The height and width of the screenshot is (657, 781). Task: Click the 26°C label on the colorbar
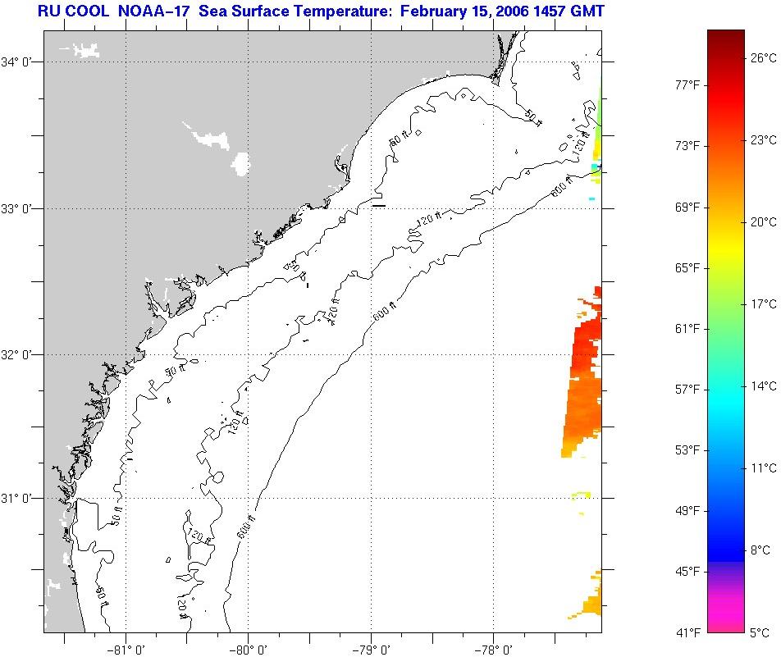point(762,57)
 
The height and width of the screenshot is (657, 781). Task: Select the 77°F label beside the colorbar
point(687,85)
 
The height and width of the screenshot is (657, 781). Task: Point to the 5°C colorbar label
point(760,632)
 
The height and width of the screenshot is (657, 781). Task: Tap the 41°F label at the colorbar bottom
point(687,632)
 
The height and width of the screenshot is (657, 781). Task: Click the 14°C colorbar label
point(762,386)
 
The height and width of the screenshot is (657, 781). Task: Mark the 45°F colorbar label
point(687,571)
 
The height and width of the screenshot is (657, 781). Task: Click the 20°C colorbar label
point(762,222)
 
